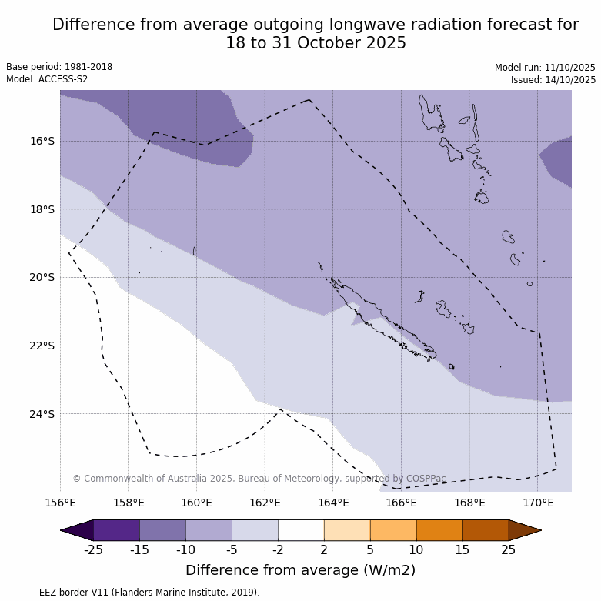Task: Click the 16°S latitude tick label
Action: tap(43, 141)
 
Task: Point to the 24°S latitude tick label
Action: tap(43, 414)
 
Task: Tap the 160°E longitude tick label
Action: tap(196, 503)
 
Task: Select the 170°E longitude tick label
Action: tap(538, 503)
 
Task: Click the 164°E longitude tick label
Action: tap(333, 503)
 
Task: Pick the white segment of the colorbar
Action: tap(301, 530)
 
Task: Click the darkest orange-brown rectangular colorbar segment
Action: tap(486, 530)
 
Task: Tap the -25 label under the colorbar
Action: tap(93, 549)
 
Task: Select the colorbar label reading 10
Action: tap(416, 549)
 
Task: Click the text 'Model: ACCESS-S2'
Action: tap(47, 79)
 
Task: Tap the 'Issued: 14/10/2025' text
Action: tap(553, 80)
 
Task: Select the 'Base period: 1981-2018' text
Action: tap(59, 67)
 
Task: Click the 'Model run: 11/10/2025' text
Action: tap(545, 68)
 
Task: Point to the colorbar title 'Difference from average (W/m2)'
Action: tap(300, 570)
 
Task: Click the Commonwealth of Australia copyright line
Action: tap(259, 479)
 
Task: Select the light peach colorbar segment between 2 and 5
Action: tap(347, 530)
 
